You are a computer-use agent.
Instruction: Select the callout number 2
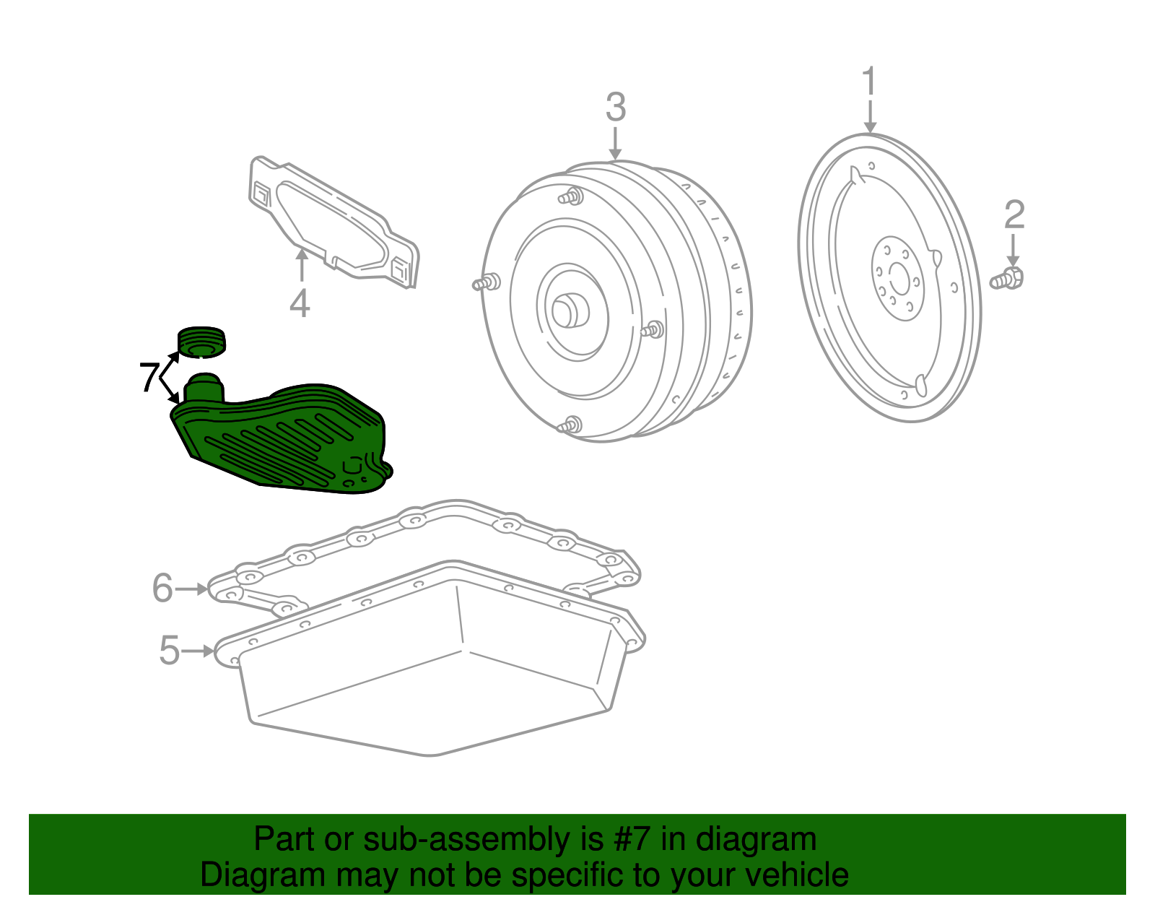[1014, 215]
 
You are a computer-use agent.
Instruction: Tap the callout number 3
[615, 108]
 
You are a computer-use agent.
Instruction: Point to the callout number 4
[300, 303]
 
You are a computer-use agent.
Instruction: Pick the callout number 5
[169, 651]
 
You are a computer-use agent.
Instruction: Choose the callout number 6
[162, 589]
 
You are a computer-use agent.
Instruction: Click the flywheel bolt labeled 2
[1008, 278]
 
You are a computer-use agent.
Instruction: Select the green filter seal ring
[201, 342]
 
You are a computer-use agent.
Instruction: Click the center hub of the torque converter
[570, 311]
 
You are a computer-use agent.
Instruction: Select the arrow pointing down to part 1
[870, 117]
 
